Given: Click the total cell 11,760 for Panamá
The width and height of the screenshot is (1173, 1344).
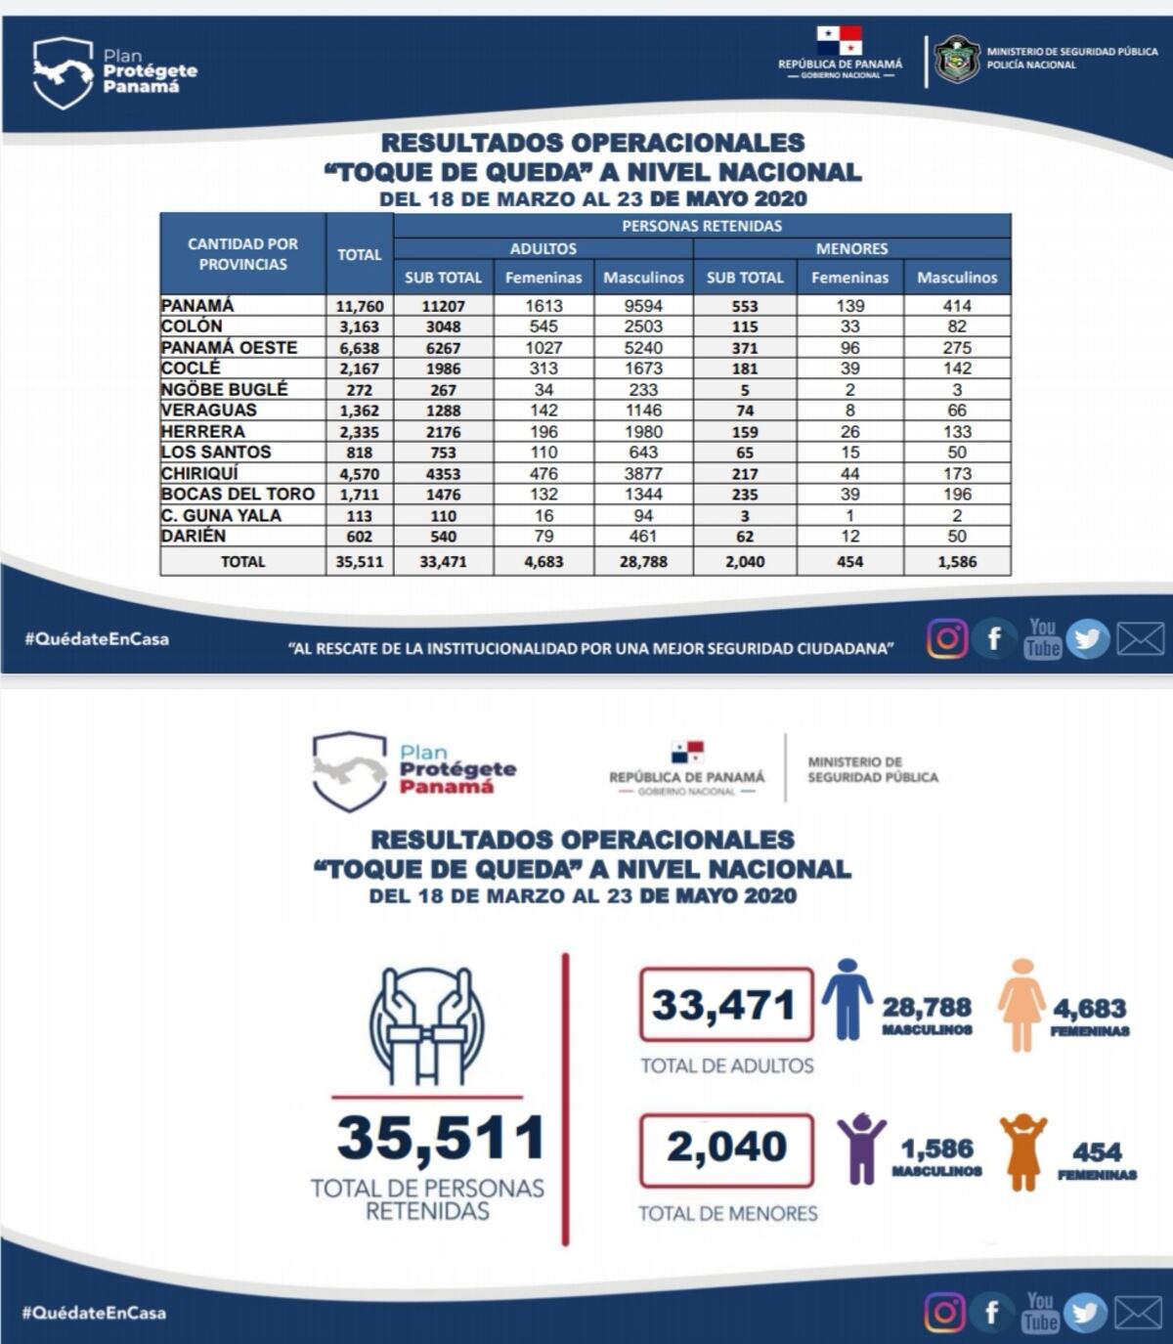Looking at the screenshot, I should tap(359, 306).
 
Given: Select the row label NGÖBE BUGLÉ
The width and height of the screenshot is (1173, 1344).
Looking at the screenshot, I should tap(225, 389).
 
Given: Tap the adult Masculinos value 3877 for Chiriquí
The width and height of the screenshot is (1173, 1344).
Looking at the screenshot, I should tap(643, 473).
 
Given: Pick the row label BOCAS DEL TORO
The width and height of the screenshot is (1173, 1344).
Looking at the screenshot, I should tap(238, 494).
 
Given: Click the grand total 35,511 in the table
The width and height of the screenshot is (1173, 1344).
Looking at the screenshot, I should tap(359, 562).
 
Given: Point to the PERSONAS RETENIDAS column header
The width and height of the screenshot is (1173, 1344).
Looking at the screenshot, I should tap(701, 226).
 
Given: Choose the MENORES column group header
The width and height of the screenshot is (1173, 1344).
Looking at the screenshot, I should tap(851, 249).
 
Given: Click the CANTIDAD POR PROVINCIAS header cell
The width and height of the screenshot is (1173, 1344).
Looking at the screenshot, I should tap(242, 254).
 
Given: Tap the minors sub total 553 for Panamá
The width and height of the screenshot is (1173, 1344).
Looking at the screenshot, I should tap(745, 306).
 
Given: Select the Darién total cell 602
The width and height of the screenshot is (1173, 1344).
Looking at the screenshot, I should tap(359, 537).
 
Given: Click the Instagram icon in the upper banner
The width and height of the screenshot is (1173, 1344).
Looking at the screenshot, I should tap(946, 639).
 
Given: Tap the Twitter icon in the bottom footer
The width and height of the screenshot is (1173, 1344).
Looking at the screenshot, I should tap(1085, 1313).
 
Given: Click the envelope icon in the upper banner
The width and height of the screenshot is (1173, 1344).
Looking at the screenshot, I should tap(1140, 639).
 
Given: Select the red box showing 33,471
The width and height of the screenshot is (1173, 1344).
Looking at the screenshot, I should tap(725, 1005).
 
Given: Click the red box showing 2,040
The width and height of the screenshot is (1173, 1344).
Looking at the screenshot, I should tap(726, 1149).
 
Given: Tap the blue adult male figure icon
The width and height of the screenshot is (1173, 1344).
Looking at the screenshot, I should tap(847, 999).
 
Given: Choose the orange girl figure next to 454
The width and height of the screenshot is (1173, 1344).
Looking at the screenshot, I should tap(1022, 1152).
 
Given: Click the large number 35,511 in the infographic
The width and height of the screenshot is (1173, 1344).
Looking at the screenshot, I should tap(440, 1139).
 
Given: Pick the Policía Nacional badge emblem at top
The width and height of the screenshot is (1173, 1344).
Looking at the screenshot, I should tap(956, 60).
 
